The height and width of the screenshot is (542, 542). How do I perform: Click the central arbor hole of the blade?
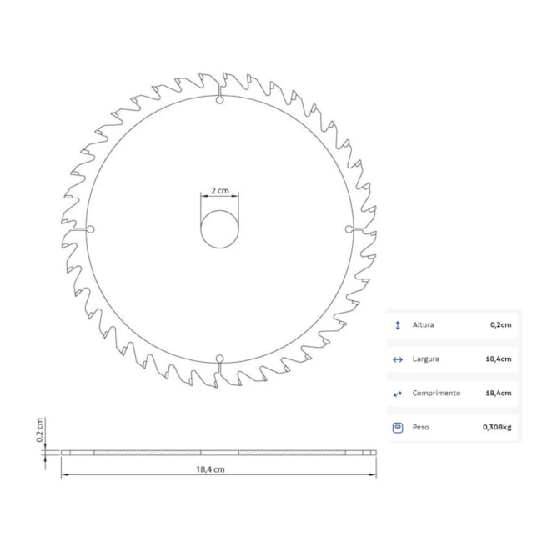click(219, 228)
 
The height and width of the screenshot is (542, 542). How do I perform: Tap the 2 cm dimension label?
click(219, 190)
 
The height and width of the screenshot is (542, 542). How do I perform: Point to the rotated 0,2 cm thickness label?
click(39, 430)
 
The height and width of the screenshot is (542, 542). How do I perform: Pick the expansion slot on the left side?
click(86, 228)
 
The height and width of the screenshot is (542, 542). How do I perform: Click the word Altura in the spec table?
click(424, 325)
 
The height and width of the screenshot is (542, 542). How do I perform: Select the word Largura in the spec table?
click(425, 359)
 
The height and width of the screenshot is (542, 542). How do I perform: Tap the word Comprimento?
click(435, 393)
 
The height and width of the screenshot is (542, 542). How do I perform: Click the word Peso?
click(421, 427)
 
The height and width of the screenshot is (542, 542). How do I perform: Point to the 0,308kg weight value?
click(496, 427)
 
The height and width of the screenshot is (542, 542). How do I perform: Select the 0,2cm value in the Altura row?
click(500, 325)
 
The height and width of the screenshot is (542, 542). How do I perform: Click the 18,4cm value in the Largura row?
click(499, 359)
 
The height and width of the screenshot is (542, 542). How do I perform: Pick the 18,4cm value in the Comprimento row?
click(499, 393)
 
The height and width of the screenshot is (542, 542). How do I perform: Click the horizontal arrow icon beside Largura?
click(397, 359)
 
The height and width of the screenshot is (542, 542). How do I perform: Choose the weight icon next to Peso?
click(397, 427)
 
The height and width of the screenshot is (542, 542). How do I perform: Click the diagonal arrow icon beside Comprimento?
click(397, 393)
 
